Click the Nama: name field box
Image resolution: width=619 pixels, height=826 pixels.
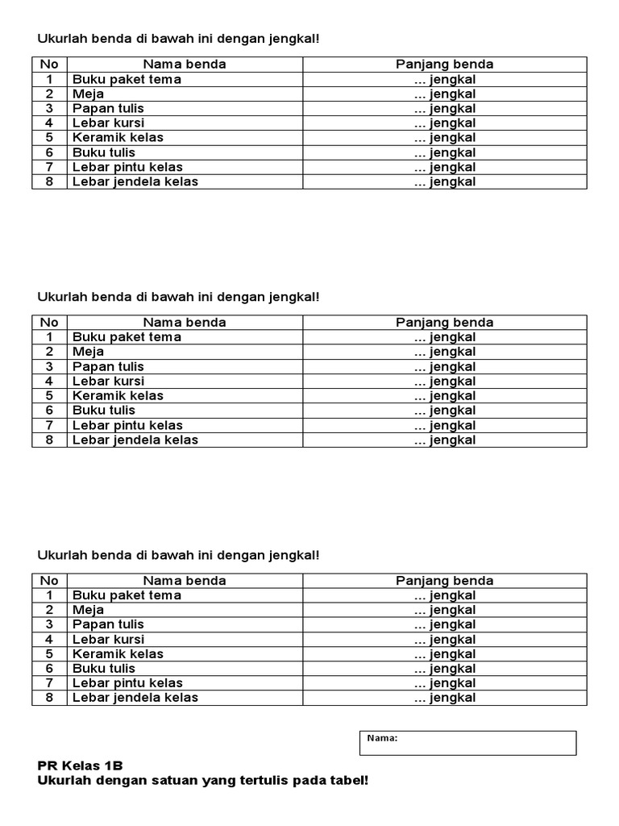tap(467, 743)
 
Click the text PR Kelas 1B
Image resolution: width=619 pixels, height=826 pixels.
tap(81, 766)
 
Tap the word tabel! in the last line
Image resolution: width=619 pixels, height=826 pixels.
tap(347, 781)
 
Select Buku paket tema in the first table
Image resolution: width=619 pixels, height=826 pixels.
tap(127, 79)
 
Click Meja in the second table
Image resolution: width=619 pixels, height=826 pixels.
tap(88, 352)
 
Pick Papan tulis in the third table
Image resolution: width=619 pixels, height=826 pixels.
tap(108, 624)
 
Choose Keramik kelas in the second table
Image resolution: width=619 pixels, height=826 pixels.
tap(118, 395)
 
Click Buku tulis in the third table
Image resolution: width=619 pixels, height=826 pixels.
tap(104, 668)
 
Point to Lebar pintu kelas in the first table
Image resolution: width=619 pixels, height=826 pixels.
tap(127, 167)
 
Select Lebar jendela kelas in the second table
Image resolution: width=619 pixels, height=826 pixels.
tap(135, 440)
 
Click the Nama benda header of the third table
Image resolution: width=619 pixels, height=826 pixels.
tap(185, 581)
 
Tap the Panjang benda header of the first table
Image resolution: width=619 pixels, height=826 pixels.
tap(444, 65)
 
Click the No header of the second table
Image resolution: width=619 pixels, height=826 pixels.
tap(49, 323)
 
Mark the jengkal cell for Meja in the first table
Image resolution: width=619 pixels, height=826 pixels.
tap(445, 94)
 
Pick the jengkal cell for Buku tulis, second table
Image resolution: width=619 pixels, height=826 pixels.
tap(445, 411)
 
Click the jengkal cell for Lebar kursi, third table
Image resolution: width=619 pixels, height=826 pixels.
tap(445, 640)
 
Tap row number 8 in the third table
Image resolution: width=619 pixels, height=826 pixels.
tap(49, 698)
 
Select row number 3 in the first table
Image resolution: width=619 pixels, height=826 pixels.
tap(49, 108)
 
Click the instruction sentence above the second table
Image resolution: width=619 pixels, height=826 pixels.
tap(178, 297)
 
